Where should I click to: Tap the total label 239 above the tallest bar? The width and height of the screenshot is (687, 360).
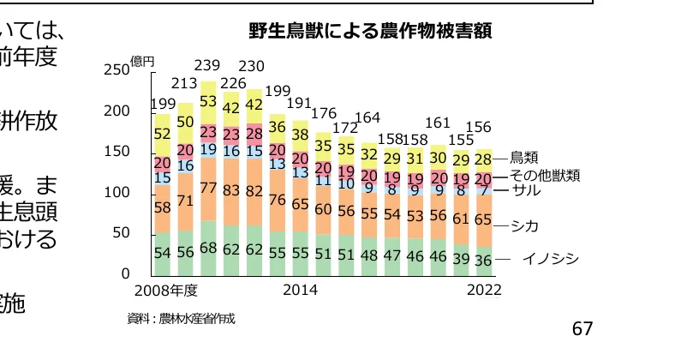click(x=207, y=66)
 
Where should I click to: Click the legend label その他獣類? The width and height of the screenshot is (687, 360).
click(x=546, y=175)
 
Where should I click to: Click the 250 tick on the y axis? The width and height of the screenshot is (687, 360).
click(x=116, y=70)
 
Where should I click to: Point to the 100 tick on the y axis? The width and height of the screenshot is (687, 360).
click(x=116, y=193)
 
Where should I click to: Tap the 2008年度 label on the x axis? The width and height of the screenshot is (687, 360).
click(x=166, y=291)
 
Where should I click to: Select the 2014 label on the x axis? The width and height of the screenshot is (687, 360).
click(x=300, y=291)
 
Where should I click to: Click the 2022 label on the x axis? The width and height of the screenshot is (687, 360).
click(x=484, y=291)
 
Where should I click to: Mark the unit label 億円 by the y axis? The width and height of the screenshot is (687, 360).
click(x=142, y=62)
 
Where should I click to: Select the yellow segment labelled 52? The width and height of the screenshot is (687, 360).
click(x=161, y=134)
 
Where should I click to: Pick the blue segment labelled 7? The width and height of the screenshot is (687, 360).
click(x=484, y=190)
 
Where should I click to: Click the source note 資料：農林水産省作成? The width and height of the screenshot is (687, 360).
click(x=181, y=319)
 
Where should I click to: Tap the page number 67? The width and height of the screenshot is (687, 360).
click(x=582, y=329)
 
